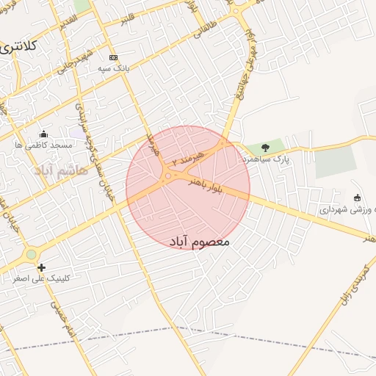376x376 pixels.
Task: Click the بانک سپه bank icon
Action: click(x=112, y=57)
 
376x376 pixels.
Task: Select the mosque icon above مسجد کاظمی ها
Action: click(x=43, y=134)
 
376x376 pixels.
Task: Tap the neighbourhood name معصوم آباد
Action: click(x=199, y=241)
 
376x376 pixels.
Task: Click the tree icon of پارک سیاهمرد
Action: click(x=265, y=148)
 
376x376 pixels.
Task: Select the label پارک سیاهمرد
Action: click(x=266, y=159)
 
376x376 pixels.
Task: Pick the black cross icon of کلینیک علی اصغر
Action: click(x=41, y=267)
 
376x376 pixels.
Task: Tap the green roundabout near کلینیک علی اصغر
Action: click(x=31, y=255)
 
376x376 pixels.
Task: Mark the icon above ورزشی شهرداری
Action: click(x=357, y=198)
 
